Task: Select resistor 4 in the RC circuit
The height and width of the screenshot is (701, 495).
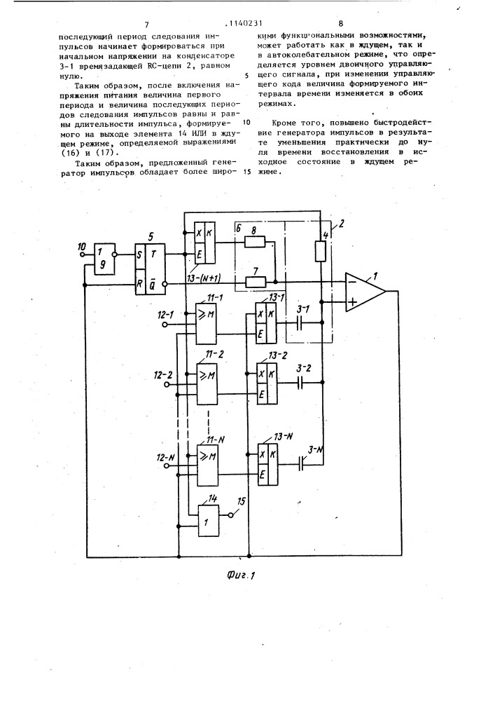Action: [x=320, y=251]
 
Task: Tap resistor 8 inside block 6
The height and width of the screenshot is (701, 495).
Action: [x=255, y=243]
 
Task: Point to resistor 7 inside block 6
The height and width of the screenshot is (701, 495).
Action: [x=255, y=282]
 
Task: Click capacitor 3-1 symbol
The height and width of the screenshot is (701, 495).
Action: [x=300, y=322]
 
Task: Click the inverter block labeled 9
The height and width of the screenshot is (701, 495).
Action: [x=103, y=259]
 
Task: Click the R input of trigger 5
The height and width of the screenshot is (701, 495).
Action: [x=140, y=283]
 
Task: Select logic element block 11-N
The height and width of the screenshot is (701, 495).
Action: [x=207, y=465]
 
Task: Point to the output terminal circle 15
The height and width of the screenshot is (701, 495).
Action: [x=231, y=515]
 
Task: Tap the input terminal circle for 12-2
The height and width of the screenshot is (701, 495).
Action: [x=167, y=384]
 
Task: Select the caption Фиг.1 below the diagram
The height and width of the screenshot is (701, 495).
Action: [x=240, y=575]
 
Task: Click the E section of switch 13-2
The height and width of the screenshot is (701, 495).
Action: [x=262, y=394]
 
